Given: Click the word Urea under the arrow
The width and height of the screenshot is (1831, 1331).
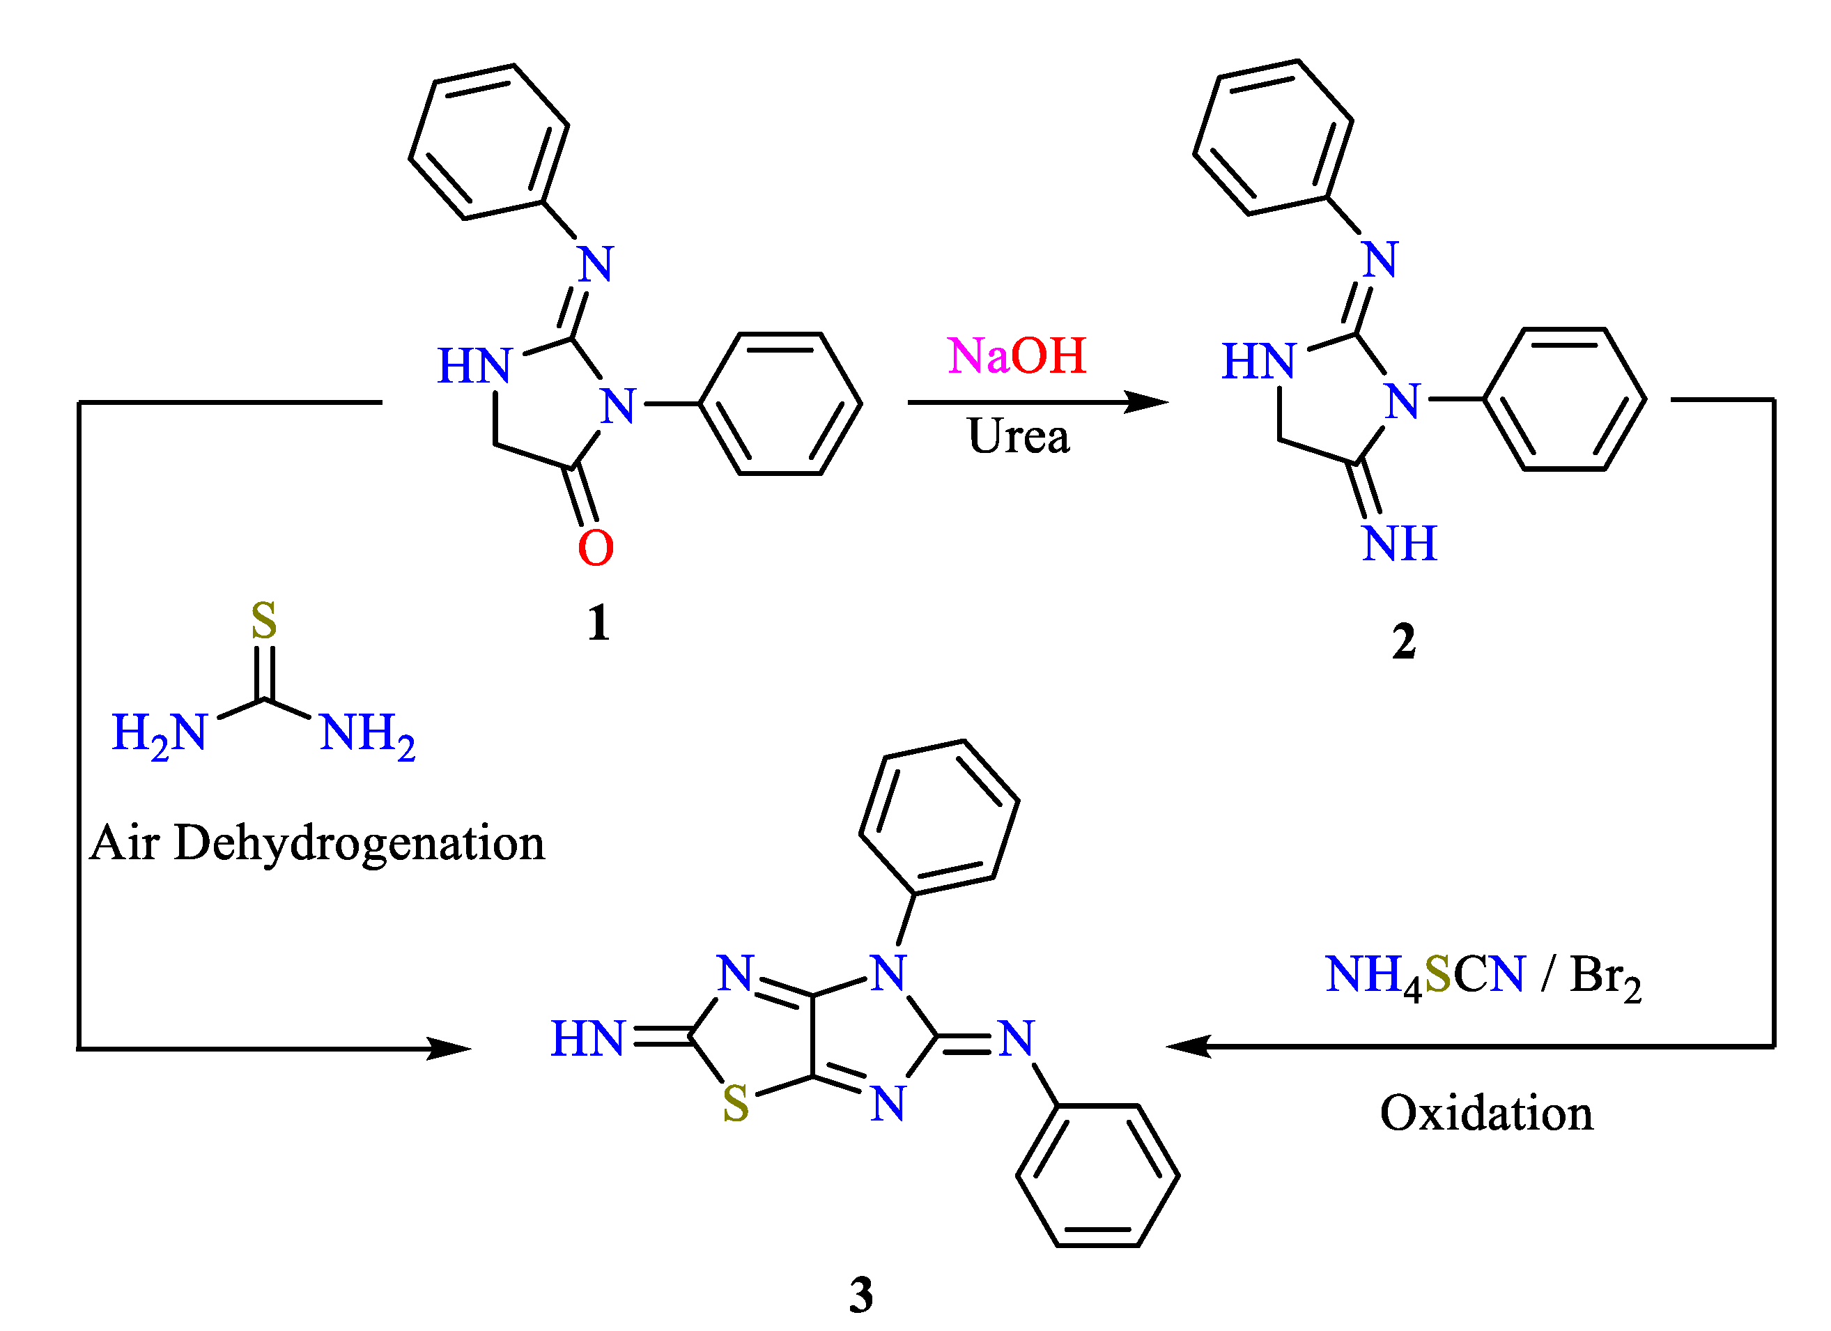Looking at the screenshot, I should [1018, 436].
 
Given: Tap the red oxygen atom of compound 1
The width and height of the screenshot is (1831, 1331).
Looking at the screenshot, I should [596, 548].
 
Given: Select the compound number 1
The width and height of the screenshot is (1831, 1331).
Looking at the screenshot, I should [598, 623].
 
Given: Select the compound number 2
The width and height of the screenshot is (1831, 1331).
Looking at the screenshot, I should [1403, 642].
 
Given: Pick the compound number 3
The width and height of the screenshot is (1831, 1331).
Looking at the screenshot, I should [860, 1295].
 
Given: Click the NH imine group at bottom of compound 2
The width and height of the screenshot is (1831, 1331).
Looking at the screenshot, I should [1399, 544].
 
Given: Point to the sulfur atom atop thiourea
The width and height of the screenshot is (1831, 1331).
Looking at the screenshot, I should [264, 620].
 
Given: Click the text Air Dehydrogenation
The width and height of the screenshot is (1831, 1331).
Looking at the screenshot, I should [317, 843].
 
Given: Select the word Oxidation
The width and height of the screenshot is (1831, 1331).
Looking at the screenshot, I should [1486, 1113].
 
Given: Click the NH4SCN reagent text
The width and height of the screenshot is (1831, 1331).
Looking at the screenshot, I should [1425, 975].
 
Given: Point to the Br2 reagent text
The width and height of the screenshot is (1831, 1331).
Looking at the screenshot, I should [1604, 976].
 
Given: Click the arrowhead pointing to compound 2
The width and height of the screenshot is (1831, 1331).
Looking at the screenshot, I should [1146, 402].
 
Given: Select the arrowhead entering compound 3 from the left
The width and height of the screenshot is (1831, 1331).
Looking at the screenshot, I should [449, 1049].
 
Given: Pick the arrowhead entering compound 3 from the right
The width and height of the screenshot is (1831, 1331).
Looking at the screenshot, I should [1189, 1046].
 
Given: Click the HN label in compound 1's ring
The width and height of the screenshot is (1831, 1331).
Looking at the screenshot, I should [474, 366].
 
